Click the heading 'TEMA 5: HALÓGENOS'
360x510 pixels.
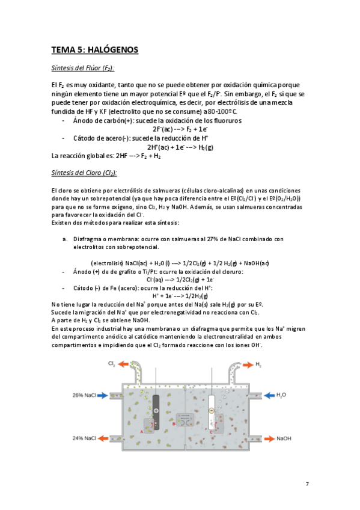click(95, 50)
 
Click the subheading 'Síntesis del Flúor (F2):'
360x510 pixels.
click(84, 68)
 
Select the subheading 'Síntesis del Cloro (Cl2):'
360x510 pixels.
click(85, 173)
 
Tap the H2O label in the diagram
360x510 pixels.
click(281, 395)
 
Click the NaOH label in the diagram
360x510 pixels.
click(285, 438)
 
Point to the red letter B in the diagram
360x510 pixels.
click(174, 423)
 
